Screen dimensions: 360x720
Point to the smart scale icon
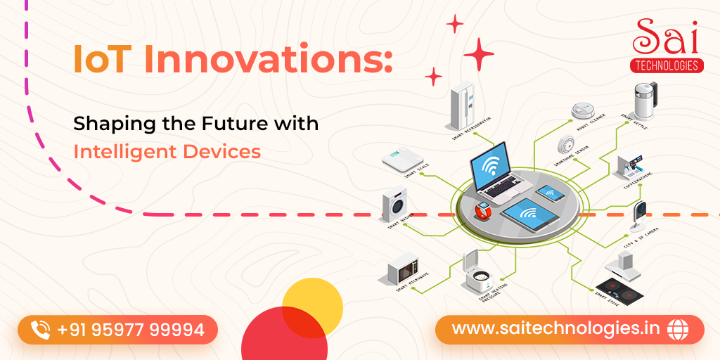coord(403,161)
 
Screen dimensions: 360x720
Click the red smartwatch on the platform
coord(482,210)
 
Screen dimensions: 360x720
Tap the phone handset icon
coord(41,329)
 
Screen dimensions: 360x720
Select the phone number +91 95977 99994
coord(131,329)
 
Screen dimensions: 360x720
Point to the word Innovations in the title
coord(267,62)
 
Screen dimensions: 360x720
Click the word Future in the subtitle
coord(231,124)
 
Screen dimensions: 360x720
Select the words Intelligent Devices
coord(167,151)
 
